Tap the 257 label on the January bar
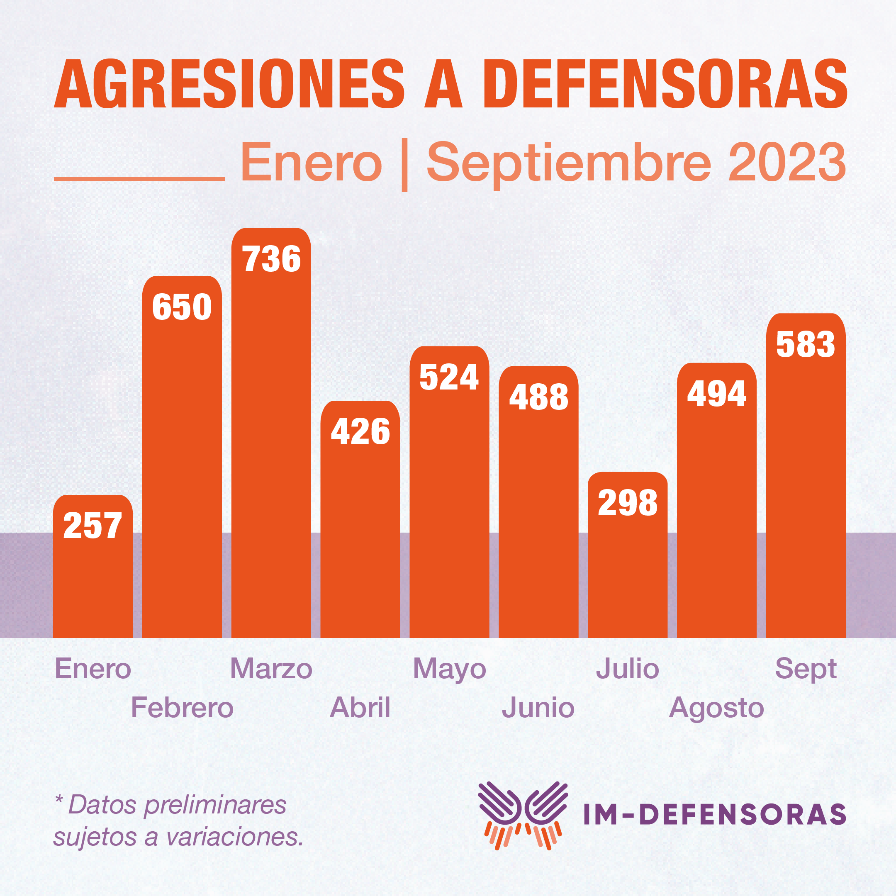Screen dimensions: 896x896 [x=93, y=526]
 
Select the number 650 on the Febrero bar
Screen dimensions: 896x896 [x=182, y=307]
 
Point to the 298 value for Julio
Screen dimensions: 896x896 [x=628, y=503]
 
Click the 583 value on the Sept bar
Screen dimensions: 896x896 [x=806, y=345]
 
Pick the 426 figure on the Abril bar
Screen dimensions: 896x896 [x=360, y=432]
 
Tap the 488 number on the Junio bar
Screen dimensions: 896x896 [x=538, y=397]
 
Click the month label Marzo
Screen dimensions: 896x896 [x=271, y=669]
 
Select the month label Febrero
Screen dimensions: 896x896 [x=182, y=708]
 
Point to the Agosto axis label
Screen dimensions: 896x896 [x=716, y=708]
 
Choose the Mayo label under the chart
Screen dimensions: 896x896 [x=449, y=670]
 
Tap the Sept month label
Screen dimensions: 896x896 [x=806, y=670]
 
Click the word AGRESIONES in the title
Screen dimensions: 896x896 [x=229, y=84]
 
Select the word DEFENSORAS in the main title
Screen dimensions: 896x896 [x=665, y=84]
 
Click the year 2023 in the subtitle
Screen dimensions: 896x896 [x=787, y=162]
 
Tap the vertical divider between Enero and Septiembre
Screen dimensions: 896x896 [x=404, y=164]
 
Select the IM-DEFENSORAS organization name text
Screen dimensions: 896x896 [x=715, y=815]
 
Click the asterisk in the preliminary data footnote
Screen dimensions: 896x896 [x=59, y=799]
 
